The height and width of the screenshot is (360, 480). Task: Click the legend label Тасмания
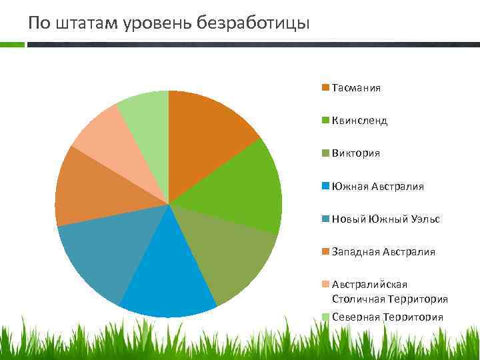click(x=356, y=88)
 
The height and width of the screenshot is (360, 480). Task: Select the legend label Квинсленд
click(x=359, y=121)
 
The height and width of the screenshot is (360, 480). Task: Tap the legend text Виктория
click(x=356, y=153)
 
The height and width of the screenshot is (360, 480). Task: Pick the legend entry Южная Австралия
click(x=377, y=186)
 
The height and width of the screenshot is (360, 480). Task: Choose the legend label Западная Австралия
click(x=383, y=251)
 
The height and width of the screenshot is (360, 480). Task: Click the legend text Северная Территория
click(x=387, y=317)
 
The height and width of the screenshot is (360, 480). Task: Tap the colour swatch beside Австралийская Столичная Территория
click(x=325, y=285)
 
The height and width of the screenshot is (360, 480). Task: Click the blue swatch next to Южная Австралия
click(x=325, y=186)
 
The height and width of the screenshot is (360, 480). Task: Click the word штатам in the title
click(x=87, y=23)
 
